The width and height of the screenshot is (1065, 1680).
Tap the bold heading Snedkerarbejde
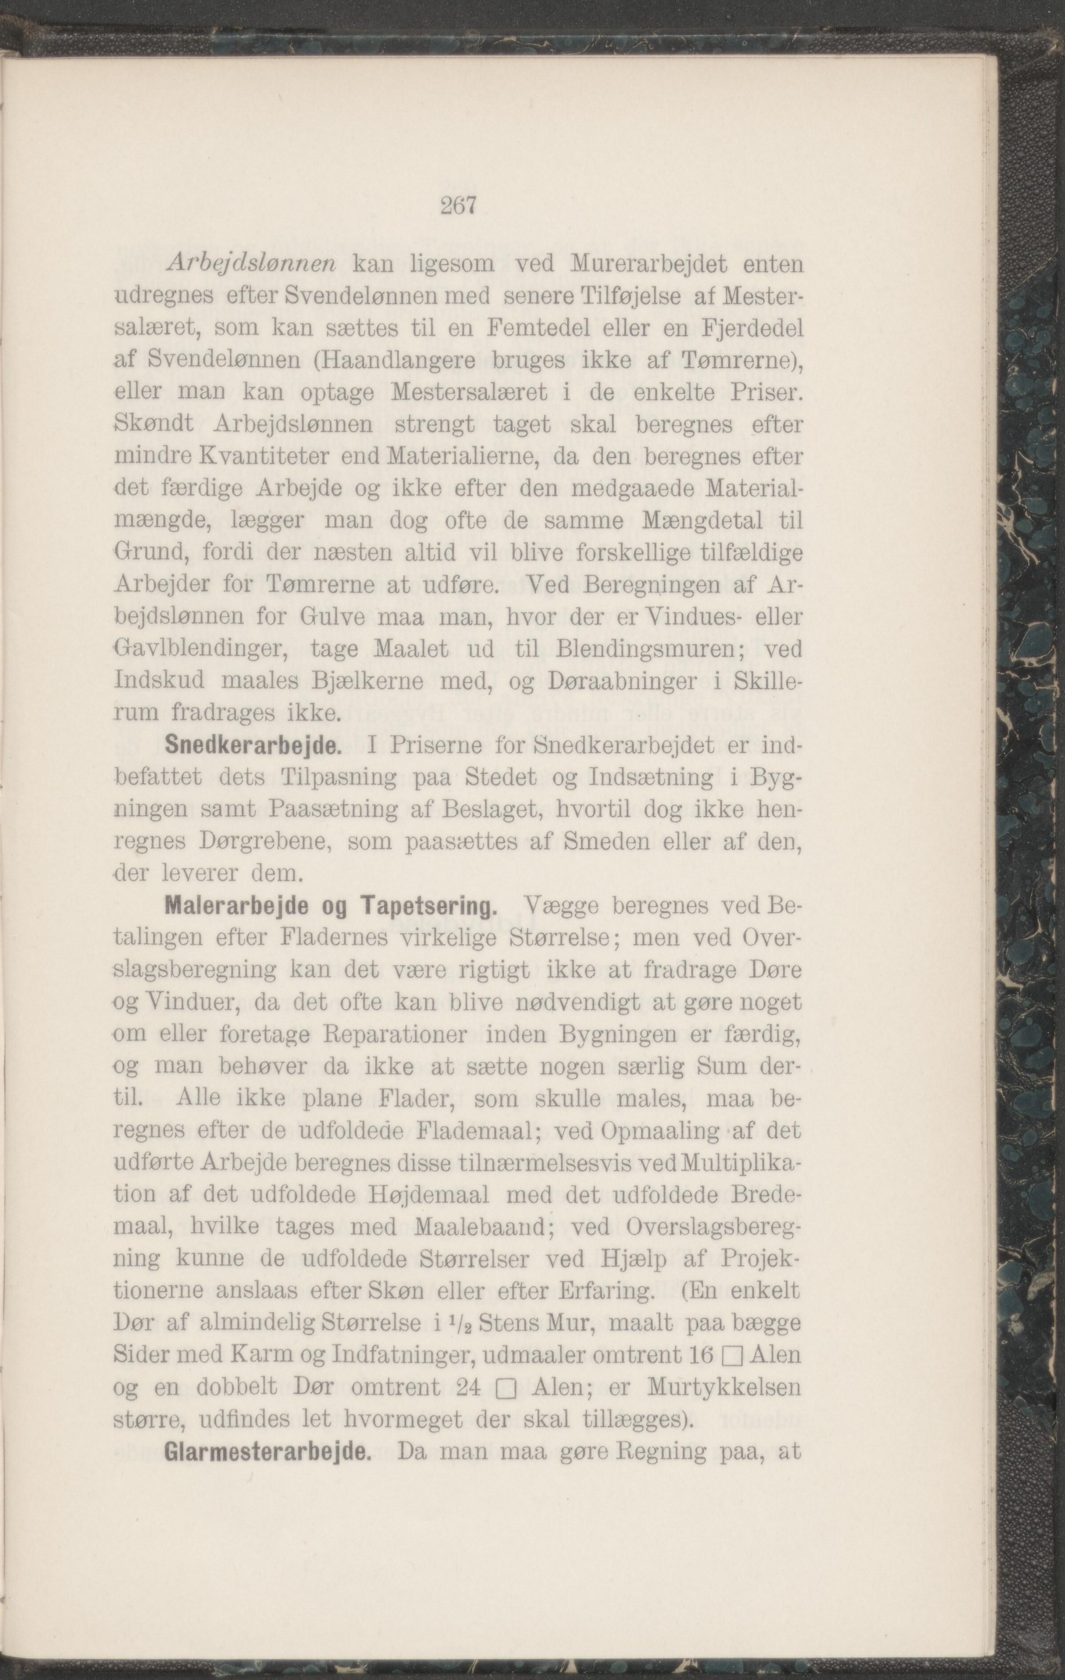point(252,746)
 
